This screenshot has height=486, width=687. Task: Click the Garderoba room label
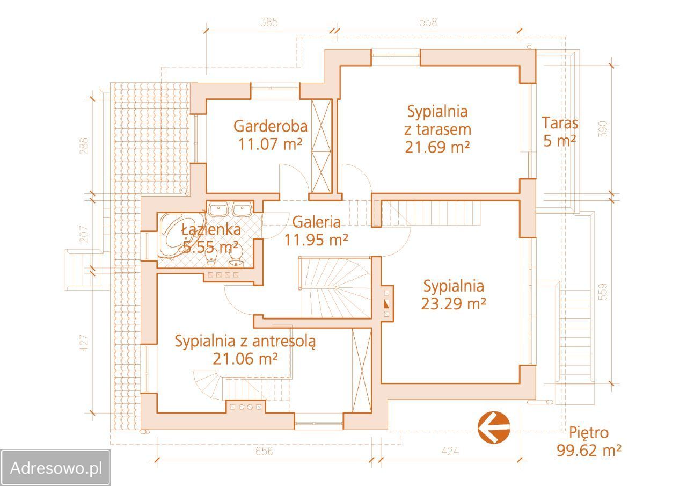click(271, 126)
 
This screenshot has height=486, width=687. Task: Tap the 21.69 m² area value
click(437, 147)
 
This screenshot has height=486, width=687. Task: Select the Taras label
click(560, 123)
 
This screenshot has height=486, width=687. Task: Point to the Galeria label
click(316, 222)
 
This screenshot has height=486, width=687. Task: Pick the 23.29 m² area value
click(454, 303)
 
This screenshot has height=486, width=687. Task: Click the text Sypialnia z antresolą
click(245, 341)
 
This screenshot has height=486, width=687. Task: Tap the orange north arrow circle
click(494, 427)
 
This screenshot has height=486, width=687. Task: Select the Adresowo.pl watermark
click(56, 468)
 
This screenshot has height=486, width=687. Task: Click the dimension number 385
click(269, 22)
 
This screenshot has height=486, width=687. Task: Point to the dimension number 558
click(428, 22)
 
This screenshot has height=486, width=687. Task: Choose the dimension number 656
click(264, 452)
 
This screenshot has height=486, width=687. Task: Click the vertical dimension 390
click(603, 129)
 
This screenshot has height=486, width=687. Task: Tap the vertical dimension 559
click(603, 291)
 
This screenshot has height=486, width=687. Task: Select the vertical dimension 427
click(84, 343)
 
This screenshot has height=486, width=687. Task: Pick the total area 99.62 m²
click(589, 450)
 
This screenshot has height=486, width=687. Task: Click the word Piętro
click(589, 432)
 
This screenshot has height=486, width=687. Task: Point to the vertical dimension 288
click(84, 146)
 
